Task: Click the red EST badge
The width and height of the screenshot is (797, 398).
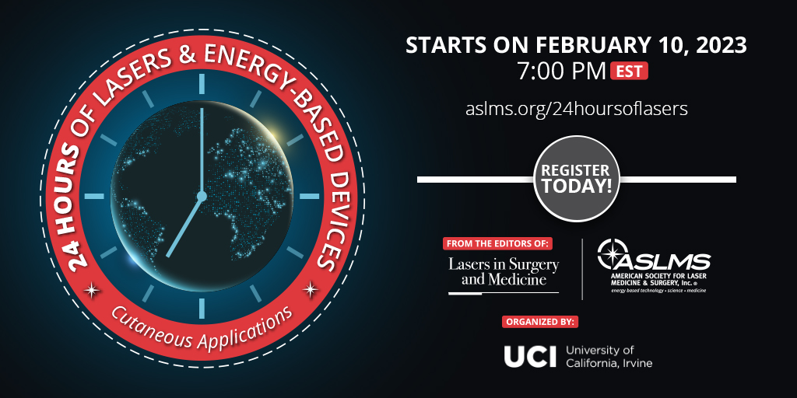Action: click(x=629, y=71)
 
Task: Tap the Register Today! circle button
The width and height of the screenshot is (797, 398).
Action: click(x=576, y=179)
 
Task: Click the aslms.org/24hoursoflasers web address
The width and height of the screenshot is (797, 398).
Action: click(x=577, y=109)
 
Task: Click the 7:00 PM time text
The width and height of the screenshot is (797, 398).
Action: click(x=562, y=72)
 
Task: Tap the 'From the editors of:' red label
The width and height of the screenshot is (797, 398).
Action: click(x=497, y=243)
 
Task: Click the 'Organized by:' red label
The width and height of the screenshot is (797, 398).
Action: click(x=540, y=321)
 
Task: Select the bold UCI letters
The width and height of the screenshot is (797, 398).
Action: click(x=530, y=356)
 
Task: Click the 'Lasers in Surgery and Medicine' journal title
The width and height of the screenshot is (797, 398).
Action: click(x=504, y=271)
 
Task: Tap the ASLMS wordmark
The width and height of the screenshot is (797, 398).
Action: click(x=666, y=262)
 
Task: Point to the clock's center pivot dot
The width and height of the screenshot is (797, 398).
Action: click(x=202, y=195)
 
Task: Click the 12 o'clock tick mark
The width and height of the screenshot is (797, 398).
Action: click(x=202, y=84)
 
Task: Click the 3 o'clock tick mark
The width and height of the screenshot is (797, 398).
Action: click(x=309, y=195)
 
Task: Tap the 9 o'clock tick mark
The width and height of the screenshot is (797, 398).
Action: click(x=94, y=195)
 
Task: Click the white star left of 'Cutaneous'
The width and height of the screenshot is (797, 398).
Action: click(x=93, y=291)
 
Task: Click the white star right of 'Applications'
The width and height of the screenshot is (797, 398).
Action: click(x=310, y=289)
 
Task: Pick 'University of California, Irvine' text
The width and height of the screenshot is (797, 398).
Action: click(x=609, y=356)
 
